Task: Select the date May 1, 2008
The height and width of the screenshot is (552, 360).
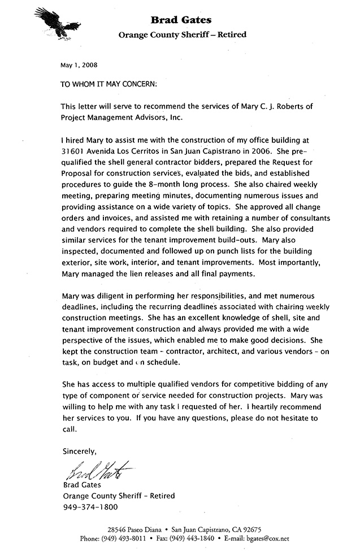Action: pyautogui.click(x=79, y=65)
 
